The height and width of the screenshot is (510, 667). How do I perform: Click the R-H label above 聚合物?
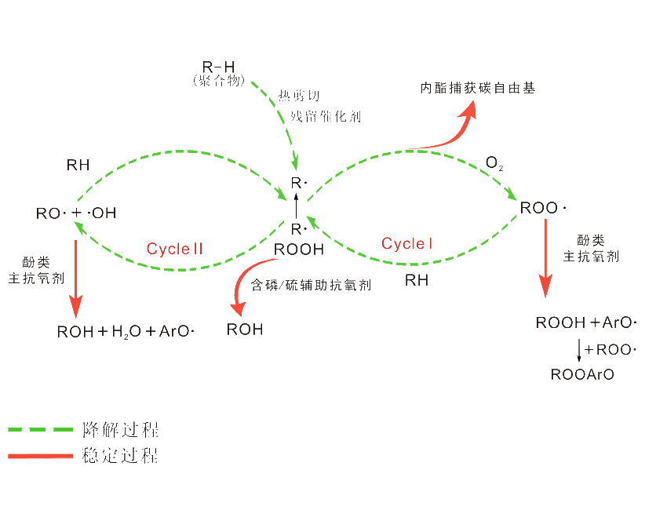pyautogui.click(x=219, y=67)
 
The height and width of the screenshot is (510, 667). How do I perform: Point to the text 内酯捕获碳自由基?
pyautogui.click(x=477, y=89)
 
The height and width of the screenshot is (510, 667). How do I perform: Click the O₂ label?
pyautogui.click(x=494, y=164)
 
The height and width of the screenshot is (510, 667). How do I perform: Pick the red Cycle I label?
pyautogui.click(x=407, y=244)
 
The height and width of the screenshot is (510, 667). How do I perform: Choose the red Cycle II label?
pyautogui.click(x=175, y=250)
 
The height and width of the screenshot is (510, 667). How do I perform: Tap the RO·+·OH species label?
pyautogui.click(x=77, y=213)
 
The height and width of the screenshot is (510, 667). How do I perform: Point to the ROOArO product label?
pyautogui.click(x=583, y=375)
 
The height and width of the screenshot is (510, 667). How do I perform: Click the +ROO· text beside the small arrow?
pyautogui.click(x=610, y=349)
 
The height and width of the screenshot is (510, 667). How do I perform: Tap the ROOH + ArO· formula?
pyautogui.click(x=586, y=322)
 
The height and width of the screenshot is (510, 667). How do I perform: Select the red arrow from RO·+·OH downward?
pyautogui.click(x=75, y=275)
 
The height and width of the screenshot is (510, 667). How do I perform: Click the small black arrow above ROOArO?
pyautogui.click(x=579, y=349)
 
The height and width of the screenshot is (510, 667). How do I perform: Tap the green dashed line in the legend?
pyautogui.click(x=39, y=429)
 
